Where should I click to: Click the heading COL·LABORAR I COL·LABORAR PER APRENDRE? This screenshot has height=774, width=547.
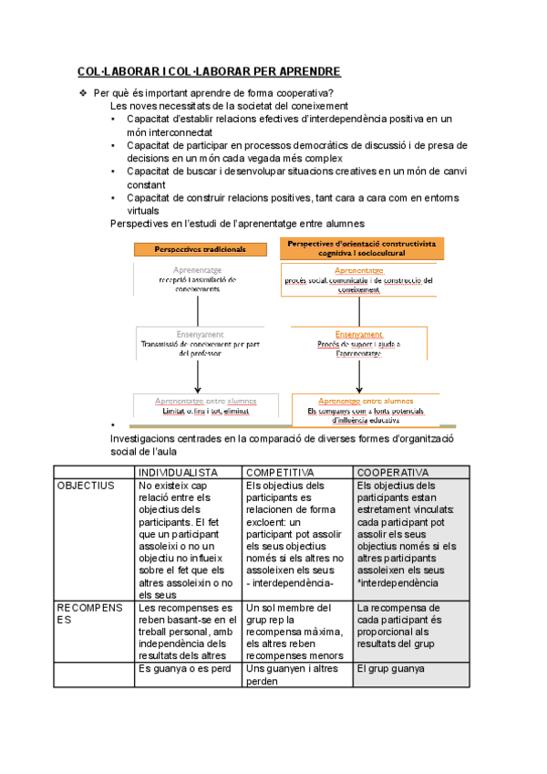click(209, 71)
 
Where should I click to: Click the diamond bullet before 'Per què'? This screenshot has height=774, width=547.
click(83, 92)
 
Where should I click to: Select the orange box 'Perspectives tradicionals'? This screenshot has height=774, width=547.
click(199, 249)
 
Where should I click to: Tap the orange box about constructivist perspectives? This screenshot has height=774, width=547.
click(360, 248)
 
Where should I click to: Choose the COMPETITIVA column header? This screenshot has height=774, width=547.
click(281, 472)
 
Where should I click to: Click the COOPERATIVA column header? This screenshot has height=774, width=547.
click(393, 472)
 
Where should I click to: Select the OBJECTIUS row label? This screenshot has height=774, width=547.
click(88, 486)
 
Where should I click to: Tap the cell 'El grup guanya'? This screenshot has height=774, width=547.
click(391, 668)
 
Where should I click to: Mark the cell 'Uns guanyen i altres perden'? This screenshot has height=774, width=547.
click(291, 675)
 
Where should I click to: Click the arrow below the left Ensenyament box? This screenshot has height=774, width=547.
click(197, 375)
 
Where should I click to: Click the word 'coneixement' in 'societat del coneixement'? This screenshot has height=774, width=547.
click(308, 105)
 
